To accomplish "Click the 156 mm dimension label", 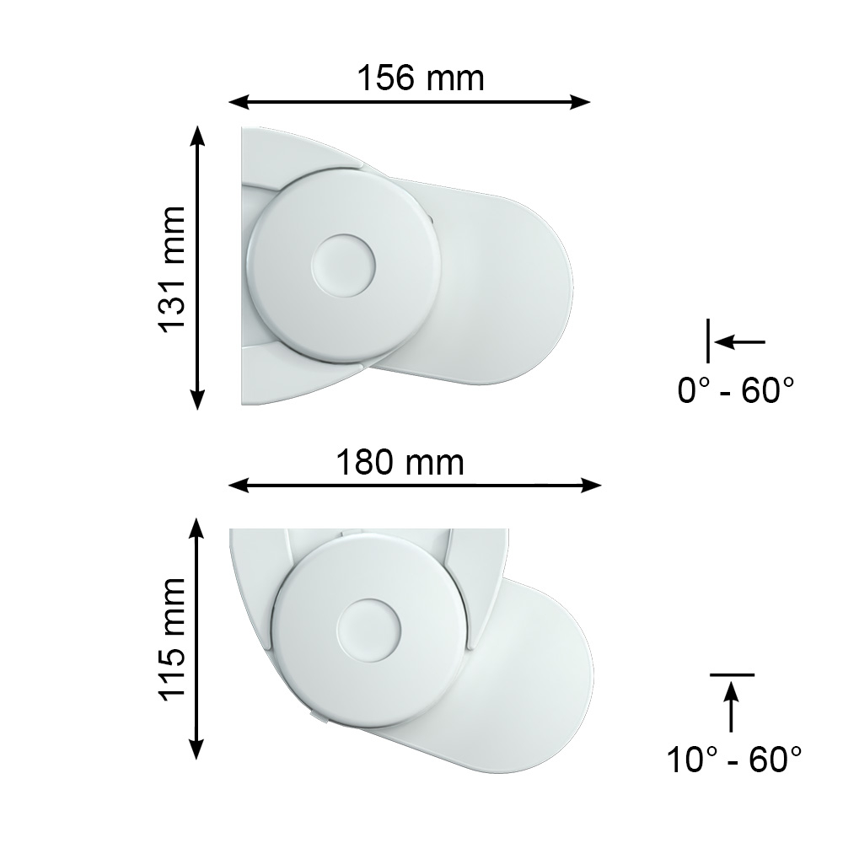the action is pyautogui.click(x=421, y=78).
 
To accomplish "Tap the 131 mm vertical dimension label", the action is pyautogui.click(x=171, y=270).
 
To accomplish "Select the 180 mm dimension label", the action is pyautogui.click(x=400, y=462).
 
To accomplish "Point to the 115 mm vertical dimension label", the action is pyautogui.click(x=171, y=641).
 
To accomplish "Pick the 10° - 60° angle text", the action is pyautogui.click(x=734, y=760).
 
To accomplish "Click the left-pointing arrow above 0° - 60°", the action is pyautogui.click(x=739, y=341).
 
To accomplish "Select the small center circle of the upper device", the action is pyautogui.click(x=343, y=266).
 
